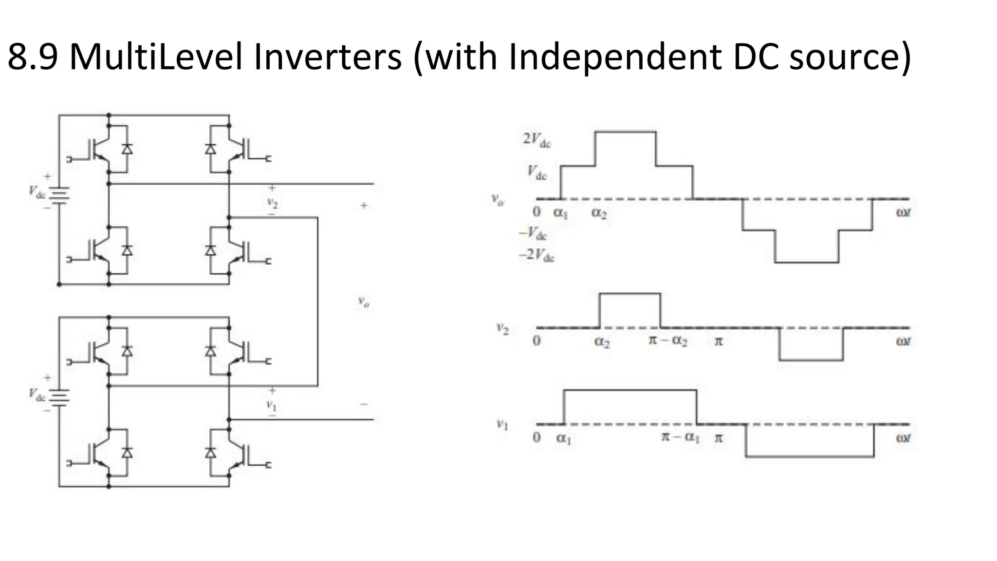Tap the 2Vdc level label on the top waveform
tap(536, 140)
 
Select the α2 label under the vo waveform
tap(599, 213)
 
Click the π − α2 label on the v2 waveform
tap(668, 340)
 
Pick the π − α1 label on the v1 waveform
tap(680, 437)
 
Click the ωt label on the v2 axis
tap(903, 341)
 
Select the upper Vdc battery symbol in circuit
tap(59, 194)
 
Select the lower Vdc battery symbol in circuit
tap(59, 396)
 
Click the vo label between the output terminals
tap(364, 302)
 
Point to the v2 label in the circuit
tap(272, 202)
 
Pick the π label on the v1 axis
tap(719, 438)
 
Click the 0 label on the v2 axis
tap(536, 340)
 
